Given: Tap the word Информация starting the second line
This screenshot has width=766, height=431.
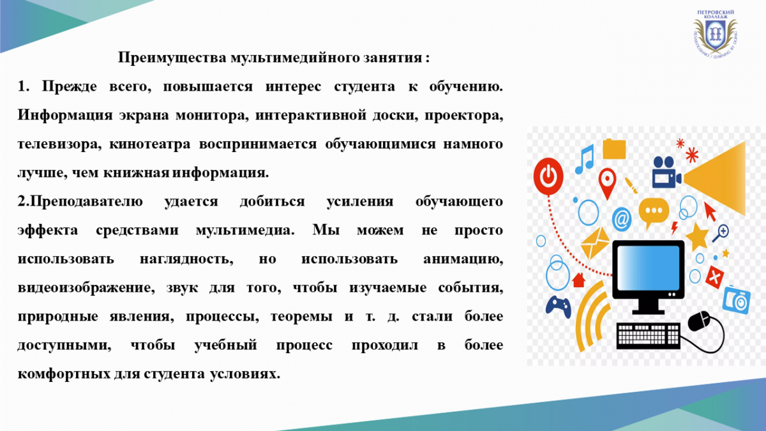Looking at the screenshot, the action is tap(65, 116).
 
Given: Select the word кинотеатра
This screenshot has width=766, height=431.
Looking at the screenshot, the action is tap(150, 144).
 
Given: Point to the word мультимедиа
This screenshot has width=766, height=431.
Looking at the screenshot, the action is tap(245, 231).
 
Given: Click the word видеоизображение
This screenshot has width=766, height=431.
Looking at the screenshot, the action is tap(86, 288).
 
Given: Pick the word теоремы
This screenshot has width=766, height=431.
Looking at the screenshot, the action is tap(301, 317).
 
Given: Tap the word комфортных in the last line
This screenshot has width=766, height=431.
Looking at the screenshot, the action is tap(63, 374).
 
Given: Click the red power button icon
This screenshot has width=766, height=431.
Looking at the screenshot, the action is tap(548, 176).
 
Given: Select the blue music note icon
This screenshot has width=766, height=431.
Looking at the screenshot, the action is tap(585, 159).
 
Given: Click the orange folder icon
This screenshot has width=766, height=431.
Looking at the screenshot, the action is tap(614, 149).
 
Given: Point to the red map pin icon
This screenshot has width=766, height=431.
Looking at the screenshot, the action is tap(607, 183).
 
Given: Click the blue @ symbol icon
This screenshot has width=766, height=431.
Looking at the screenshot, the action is tap(622, 219).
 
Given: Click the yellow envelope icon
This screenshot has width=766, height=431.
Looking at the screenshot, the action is tap(595, 243).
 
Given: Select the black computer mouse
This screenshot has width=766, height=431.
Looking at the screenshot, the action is tap(699, 321).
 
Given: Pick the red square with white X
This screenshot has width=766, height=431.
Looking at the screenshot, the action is tap(714, 277).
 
